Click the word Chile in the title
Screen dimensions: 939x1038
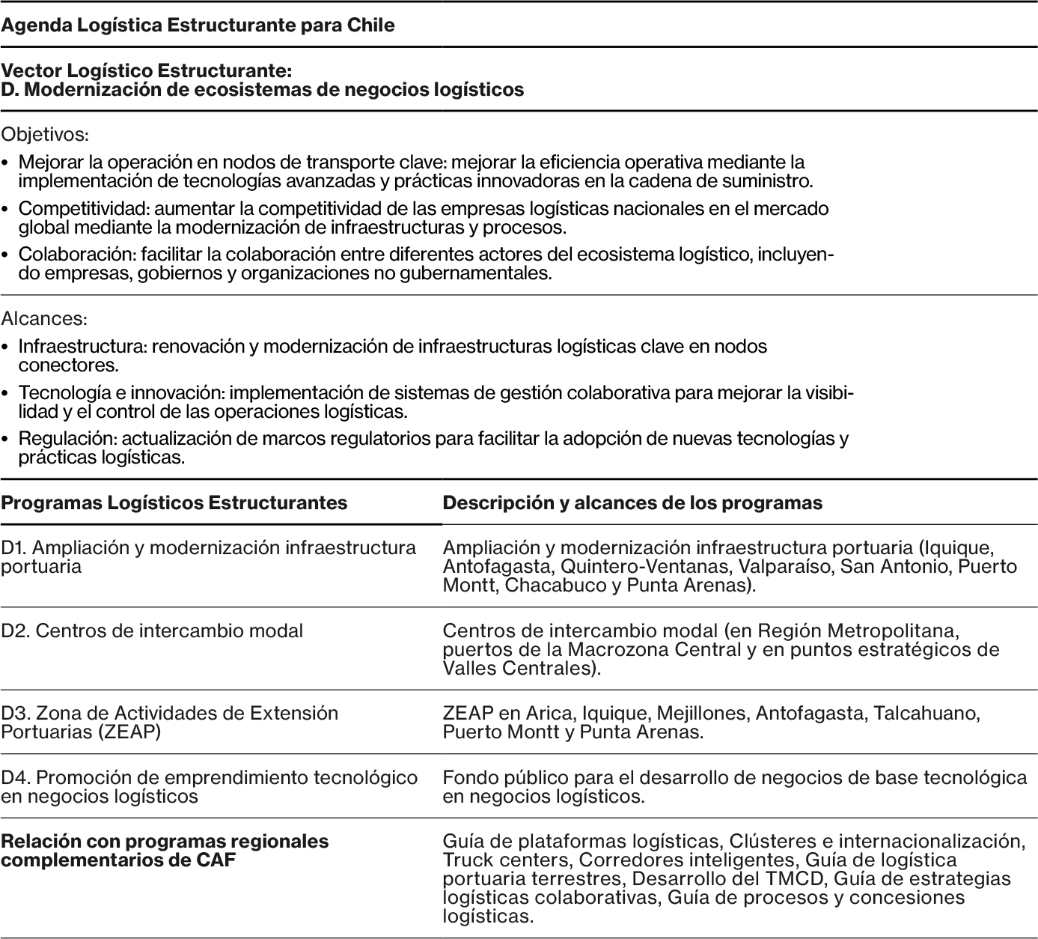pyautogui.click(x=370, y=25)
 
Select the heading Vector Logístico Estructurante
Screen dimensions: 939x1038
pyautogui.click(x=146, y=70)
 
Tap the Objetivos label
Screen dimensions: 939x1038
pyautogui.click(x=45, y=135)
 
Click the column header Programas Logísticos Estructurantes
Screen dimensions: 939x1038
pyautogui.click(x=174, y=502)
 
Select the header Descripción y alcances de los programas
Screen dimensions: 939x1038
pyautogui.click(x=632, y=502)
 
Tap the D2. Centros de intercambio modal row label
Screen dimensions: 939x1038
pyautogui.click(x=152, y=630)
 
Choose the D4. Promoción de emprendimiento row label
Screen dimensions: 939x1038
pyautogui.click(x=209, y=778)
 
